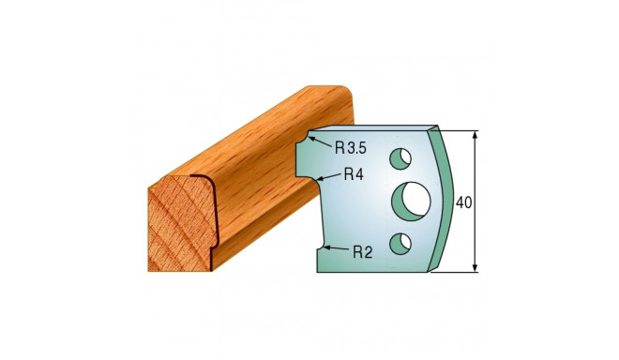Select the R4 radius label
coord(353,173)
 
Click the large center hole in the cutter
coord(410,200)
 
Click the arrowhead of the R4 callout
coord(320,175)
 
